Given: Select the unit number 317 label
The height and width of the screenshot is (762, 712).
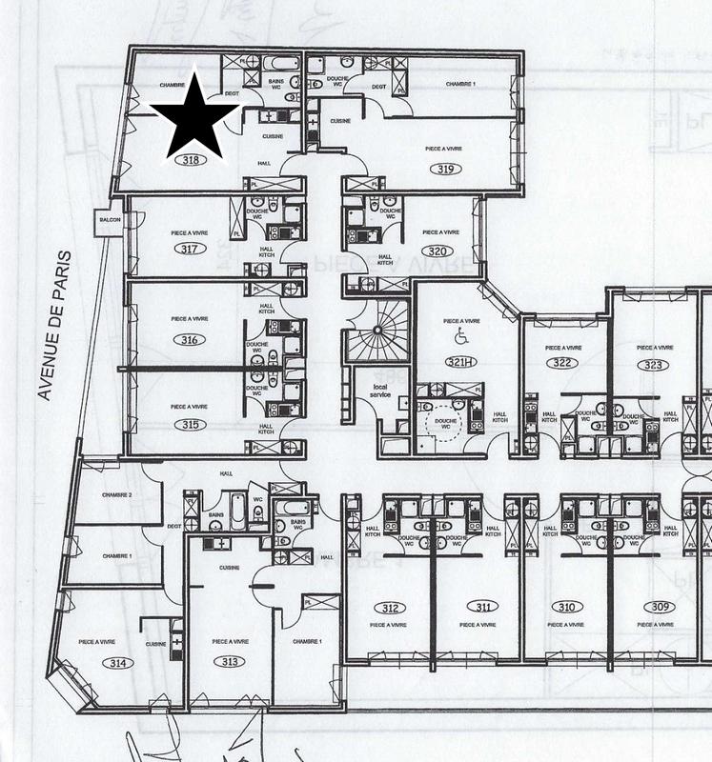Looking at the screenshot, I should tap(189, 249).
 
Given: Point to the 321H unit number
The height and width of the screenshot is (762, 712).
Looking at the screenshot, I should tap(460, 361).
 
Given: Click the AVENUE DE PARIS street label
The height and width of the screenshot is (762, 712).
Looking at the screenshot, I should tap(54, 324).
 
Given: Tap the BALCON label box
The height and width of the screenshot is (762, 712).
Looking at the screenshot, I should tap(107, 221).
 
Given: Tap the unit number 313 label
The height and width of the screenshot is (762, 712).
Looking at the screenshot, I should tap(230, 662).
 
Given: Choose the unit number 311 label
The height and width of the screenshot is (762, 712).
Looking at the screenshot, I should tap(484, 607).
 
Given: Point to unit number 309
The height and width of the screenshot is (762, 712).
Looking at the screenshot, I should tap(657, 607).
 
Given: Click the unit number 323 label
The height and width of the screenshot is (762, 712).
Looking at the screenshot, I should tap(653, 364).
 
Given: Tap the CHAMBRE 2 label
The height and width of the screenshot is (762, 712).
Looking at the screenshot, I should tap(117, 496).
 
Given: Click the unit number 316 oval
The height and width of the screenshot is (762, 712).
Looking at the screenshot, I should tap(188, 339).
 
